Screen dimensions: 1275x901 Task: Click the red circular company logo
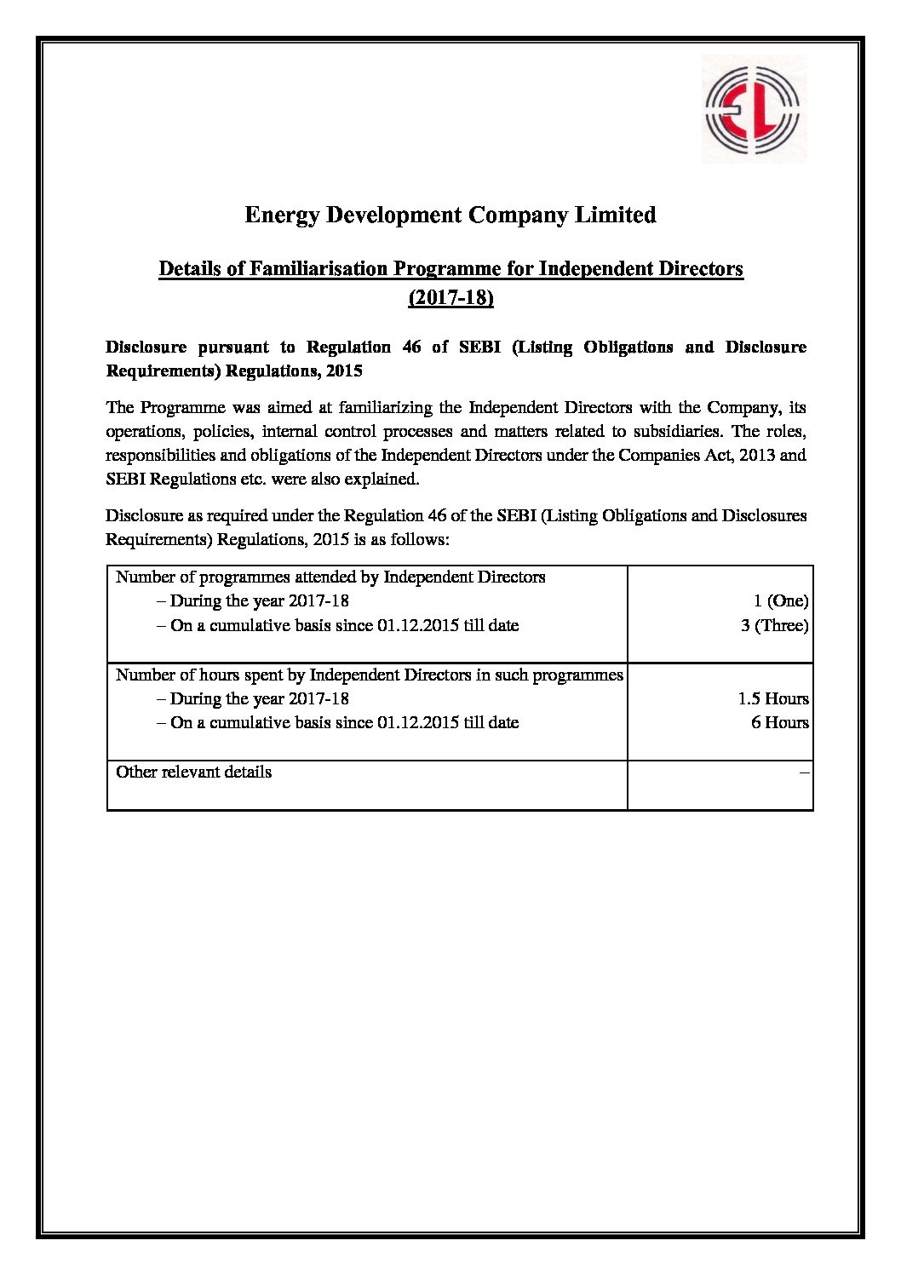point(753,108)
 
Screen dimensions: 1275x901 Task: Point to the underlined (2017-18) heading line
point(450,298)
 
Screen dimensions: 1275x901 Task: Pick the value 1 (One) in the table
point(780,601)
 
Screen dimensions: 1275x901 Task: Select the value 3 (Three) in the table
point(774,626)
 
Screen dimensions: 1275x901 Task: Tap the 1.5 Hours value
point(772,699)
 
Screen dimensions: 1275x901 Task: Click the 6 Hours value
point(779,723)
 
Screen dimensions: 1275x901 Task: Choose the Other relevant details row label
point(194,772)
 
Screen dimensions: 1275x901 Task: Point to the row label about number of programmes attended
point(330,577)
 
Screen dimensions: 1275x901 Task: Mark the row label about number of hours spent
point(369,675)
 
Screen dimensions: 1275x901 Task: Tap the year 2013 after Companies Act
point(757,456)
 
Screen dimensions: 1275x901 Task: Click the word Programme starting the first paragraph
point(182,408)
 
